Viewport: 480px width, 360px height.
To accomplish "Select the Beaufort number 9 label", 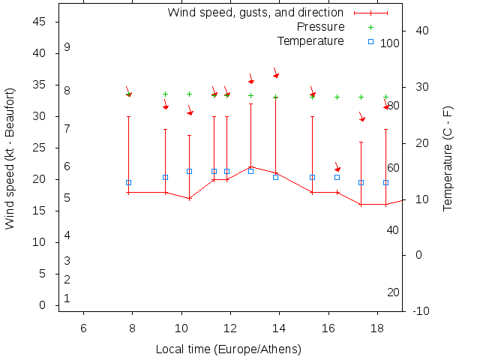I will (x=67, y=47).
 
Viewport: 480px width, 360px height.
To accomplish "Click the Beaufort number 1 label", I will (x=67, y=298).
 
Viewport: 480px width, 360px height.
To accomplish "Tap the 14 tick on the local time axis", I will (x=279, y=328).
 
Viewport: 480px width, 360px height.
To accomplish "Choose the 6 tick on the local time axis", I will (x=83, y=328).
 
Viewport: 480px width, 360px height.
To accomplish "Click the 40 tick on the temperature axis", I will (x=421, y=31).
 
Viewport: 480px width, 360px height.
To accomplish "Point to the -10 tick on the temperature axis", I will (x=421, y=310).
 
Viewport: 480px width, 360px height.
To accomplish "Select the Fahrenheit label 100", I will (x=390, y=43).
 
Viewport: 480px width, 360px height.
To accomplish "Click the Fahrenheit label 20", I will (x=393, y=292).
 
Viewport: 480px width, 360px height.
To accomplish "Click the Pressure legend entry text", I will (x=321, y=27).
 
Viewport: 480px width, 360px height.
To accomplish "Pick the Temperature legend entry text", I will (x=310, y=40).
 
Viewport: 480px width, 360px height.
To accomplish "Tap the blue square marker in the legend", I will (x=370, y=41).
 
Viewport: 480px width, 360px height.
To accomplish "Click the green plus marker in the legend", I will (x=370, y=27).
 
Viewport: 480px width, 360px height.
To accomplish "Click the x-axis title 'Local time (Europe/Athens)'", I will (x=228, y=349).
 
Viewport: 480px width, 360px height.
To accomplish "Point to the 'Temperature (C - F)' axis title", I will (x=448, y=158).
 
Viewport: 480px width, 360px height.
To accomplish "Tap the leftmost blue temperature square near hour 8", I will (x=128, y=183).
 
